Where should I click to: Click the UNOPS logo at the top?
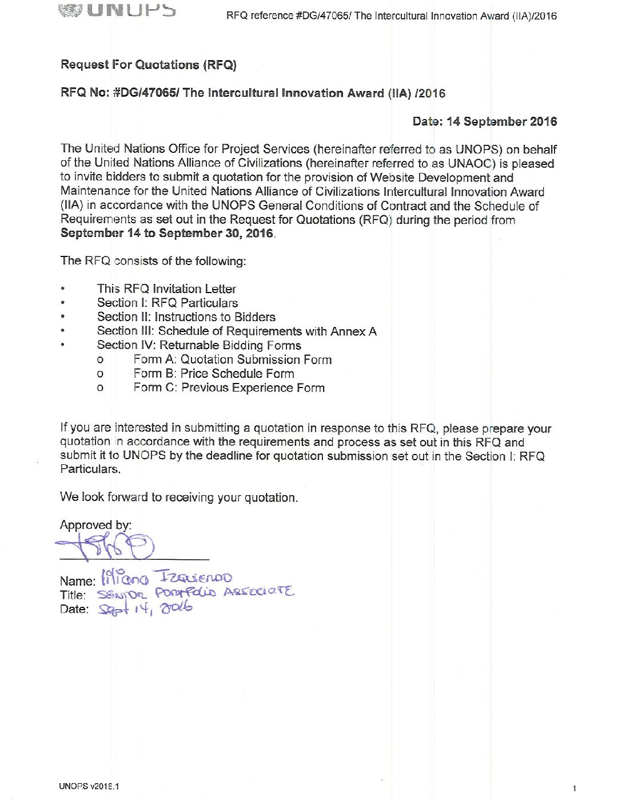[x=117, y=10]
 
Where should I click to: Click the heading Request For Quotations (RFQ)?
[x=149, y=65]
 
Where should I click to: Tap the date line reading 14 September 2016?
[x=485, y=121]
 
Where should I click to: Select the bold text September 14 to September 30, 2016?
[x=167, y=234]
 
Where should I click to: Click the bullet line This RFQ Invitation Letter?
[x=166, y=289]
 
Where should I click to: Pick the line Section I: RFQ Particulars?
[x=168, y=303]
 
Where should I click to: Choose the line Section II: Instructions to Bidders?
[x=186, y=317]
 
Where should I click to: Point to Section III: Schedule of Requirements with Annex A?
[x=237, y=331]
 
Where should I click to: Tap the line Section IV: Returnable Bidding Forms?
[x=199, y=345]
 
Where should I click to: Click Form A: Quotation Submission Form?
[x=233, y=359]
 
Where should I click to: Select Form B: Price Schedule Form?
[x=214, y=374]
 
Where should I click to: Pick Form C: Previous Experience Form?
[x=229, y=388]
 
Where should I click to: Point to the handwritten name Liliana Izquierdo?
[x=166, y=577]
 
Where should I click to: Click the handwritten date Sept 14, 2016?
[x=145, y=609]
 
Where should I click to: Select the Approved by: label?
[x=95, y=525]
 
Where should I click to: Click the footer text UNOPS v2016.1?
[x=89, y=786]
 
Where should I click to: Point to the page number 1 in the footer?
[x=574, y=788]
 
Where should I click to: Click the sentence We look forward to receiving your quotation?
[x=179, y=497]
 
